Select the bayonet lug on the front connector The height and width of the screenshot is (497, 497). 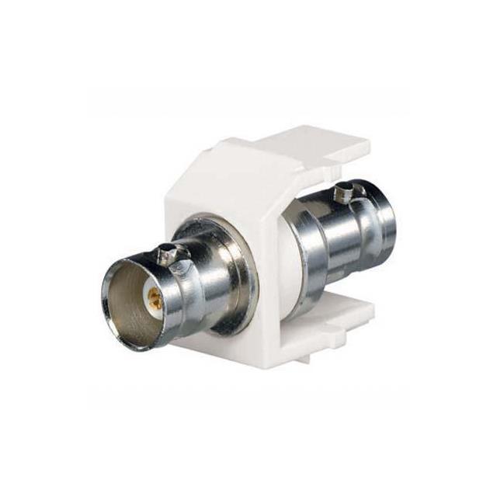click(x=165, y=251)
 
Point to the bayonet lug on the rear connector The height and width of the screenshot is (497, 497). click(x=343, y=188)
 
